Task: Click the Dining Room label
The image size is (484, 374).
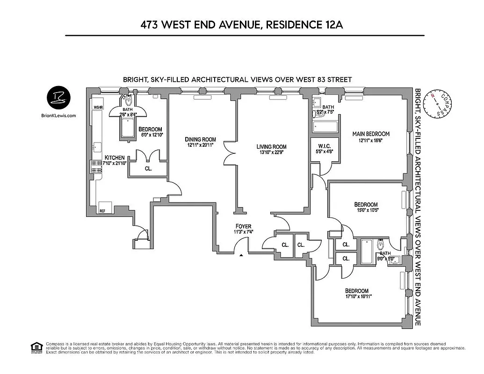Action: tap(200, 139)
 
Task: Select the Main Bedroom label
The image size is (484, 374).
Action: tap(370, 134)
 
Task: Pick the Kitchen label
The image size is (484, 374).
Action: tap(115, 158)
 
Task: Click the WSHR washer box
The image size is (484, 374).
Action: tap(98, 107)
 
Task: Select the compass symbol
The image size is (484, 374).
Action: tap(438, 103)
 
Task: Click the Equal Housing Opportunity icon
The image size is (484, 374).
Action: tap(36, 347)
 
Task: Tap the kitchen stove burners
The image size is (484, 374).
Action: tap(97, 166)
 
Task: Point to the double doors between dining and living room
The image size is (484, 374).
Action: tap(231, 152)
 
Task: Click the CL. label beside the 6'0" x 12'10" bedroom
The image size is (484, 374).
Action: tap(148, 168)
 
